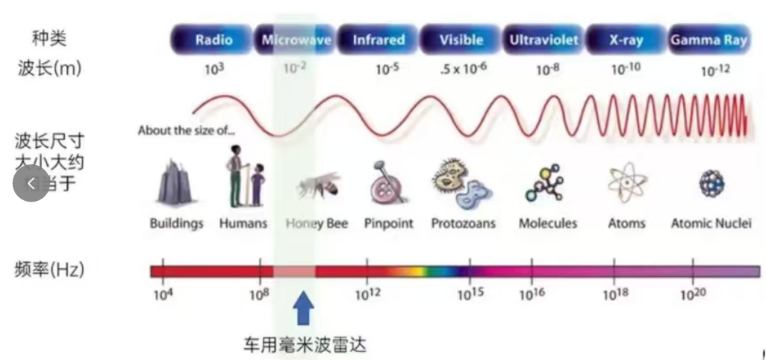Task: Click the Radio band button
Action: pyautogui.click(x=214, y=40)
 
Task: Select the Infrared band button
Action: pyautogui.click(x=379, y=40)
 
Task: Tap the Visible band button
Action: pyautogui.click(x=461, y=40)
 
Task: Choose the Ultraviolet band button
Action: pyautogui.click(x=544, y=40)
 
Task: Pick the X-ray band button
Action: pyautogui.click(x=626, y=40)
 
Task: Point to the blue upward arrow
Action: pyautogui.click(x=302, y=308)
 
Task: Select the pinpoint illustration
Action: pyautogui.click(x=387, y=183)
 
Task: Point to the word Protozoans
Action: pyautogui.click(x=463, y=223)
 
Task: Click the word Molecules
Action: pyautogui.click(x=548, y=223)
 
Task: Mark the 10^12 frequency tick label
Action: pyautogui.click(x=367, y=294)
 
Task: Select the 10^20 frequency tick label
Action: pyautogui.click(x=692, y=294)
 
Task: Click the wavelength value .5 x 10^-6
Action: pyautogui.click(x=463, y=69)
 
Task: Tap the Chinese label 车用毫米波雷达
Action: pyautogui.click(x=305, y=345)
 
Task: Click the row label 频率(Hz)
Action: pyautogui.click(x=49, y=269)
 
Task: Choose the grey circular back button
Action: pyautogui.click(x=31, y=183)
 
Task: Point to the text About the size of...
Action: pyautogui.click(x=187, y=130)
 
